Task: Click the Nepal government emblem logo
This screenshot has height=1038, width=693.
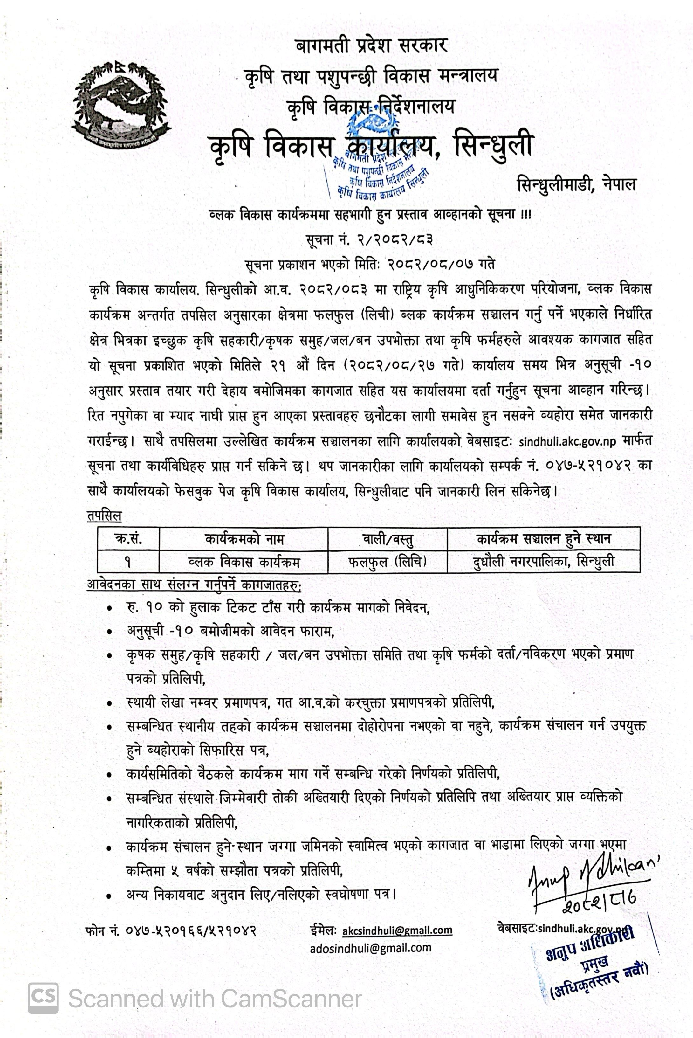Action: click(120, 101)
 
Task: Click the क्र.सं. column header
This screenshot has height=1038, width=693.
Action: click(128, 539)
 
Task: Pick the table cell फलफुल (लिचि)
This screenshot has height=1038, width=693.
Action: click(387, 561)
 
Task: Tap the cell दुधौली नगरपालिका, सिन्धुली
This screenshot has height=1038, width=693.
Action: click(543, 561)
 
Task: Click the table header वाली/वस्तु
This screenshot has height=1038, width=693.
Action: click(387, 539)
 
